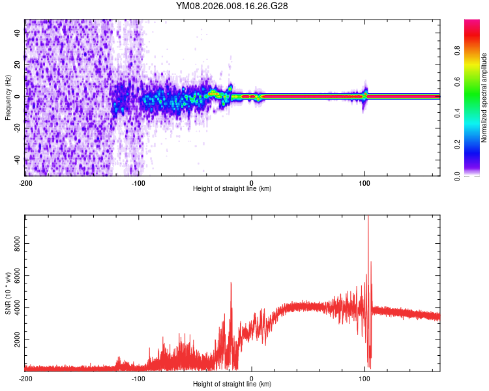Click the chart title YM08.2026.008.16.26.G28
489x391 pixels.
pos(232,6)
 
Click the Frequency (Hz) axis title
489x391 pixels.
pos(8,98)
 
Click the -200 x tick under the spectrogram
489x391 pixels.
pos(25,182)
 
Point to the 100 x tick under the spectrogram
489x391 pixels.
pos(365,182)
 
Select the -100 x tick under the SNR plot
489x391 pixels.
pos(138,378)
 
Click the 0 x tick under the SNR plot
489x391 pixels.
pos(252,378)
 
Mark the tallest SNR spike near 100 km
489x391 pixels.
pos(368,218)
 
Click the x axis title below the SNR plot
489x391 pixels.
pos(232,384)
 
